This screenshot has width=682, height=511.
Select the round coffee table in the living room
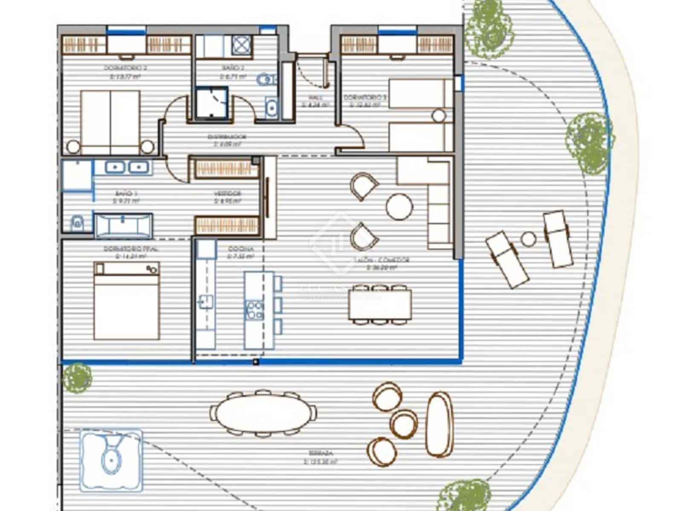pos(399,207)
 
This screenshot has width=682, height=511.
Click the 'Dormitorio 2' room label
pos(126,68)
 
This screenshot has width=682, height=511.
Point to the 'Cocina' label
pos(241,249)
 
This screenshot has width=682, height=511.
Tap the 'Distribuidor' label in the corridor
pos(227,137)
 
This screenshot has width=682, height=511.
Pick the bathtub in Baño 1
pos(123,224)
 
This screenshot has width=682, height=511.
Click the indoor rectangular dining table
pos(380,305)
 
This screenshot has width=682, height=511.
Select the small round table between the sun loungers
pos(529,238)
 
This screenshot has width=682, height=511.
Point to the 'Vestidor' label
pos(228,193)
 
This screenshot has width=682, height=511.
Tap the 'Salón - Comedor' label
pos(381,260)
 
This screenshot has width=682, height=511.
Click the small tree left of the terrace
pos(77,377)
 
